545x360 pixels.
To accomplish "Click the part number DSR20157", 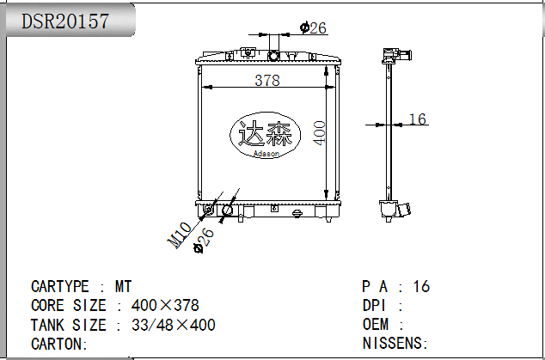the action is (x=65, y=21).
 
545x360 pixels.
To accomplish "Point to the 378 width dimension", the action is (x=267, y=80).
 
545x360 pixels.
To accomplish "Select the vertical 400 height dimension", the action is (x=319, y=132).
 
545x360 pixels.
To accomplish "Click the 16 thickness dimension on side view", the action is (x=418, y=119).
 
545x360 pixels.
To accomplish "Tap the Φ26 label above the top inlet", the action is (x=313, y=27).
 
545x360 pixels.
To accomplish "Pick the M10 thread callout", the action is (x=180, y=235).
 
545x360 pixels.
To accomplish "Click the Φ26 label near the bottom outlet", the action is (x=204, y=240).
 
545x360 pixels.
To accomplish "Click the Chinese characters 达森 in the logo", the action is (x=265, y=133).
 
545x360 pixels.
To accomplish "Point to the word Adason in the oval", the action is (x=266, y=153).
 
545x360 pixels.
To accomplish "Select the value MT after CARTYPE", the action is (x=124, y=287).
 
